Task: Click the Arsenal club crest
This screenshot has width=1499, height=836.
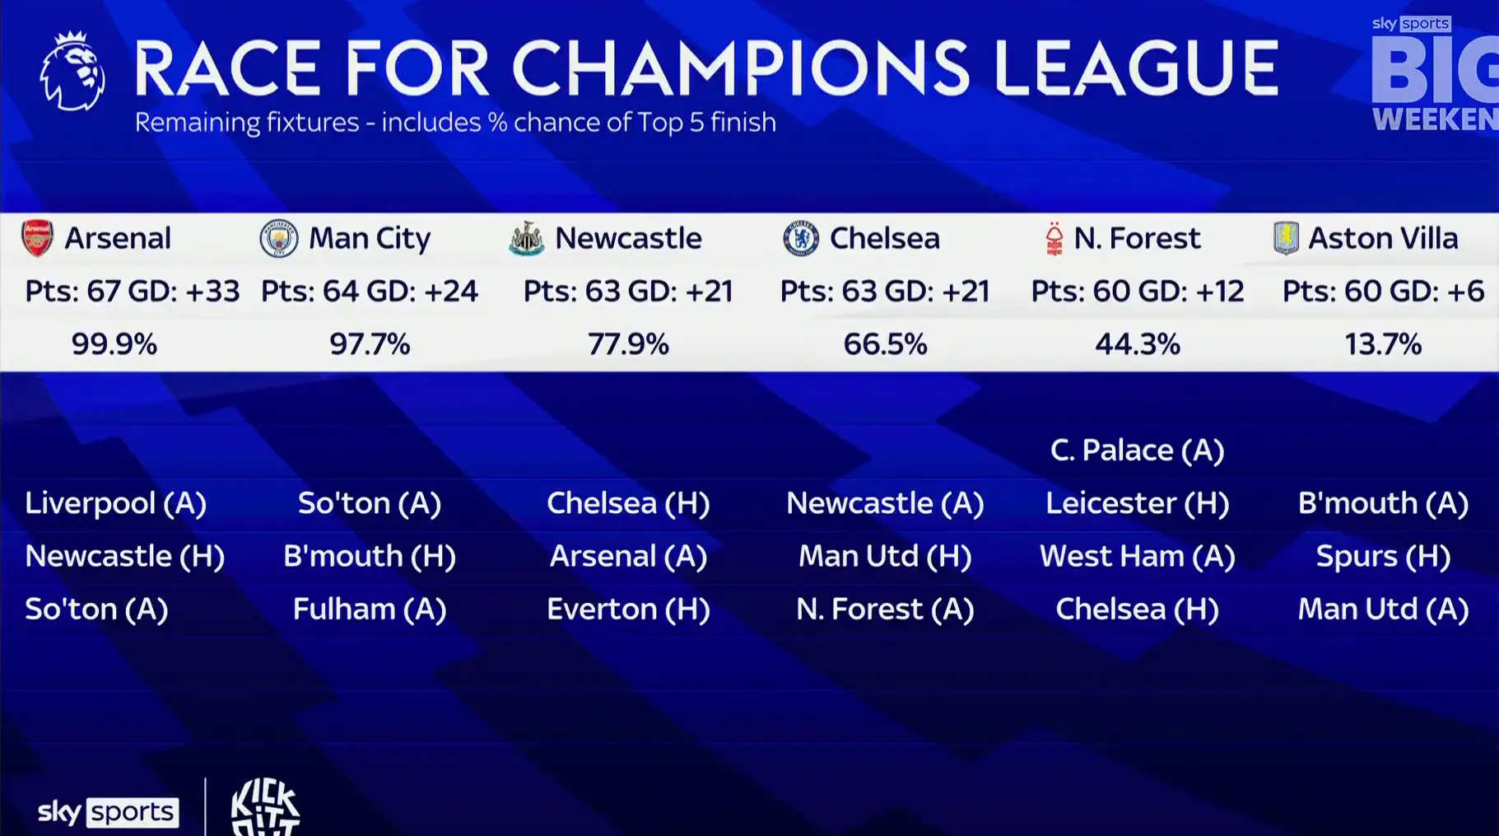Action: point(37,238)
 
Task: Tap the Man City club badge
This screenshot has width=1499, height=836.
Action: point(279,238)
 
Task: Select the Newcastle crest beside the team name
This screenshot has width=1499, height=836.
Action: point(527,239)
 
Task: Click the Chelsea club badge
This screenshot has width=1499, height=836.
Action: point(801,239)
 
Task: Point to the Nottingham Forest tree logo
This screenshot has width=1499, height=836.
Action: point(1054,239)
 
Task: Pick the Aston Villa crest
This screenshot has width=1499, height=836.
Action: point(1286,238)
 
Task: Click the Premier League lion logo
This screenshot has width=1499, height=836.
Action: point(72,72)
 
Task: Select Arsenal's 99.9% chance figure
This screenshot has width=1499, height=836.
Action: point(114,343)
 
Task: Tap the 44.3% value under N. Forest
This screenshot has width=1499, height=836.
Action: point(1137,343)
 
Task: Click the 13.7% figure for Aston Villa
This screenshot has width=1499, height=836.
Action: point(1383,343)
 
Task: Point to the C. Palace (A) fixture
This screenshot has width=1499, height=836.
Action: point(1137,450)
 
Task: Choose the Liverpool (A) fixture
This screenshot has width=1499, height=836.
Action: point(115,502)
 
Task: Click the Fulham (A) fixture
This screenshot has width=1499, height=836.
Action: point(370,609)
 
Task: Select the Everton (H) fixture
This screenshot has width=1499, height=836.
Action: point(628,609)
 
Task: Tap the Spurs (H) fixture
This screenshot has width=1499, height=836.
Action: point(1383,556)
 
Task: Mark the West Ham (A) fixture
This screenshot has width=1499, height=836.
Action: point(1137,556)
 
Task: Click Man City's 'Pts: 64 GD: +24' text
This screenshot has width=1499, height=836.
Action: point(370,291)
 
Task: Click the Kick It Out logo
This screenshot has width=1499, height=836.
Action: point(265,807)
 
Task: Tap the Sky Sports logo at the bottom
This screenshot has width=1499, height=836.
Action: point(108,812)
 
